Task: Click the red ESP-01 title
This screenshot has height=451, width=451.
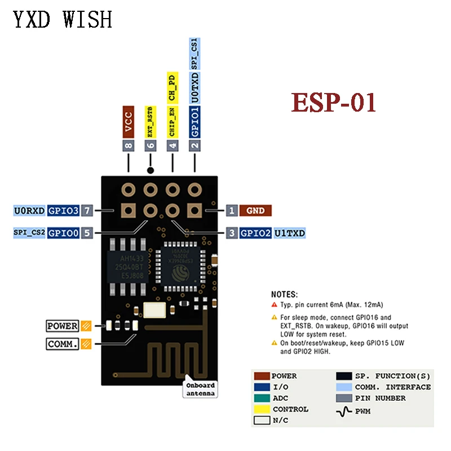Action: coord(333,103)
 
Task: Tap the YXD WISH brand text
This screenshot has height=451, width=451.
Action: coord(63,19)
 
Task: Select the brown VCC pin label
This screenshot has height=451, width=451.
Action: coord(129,121)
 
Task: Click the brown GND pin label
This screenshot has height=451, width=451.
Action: coord(255,211)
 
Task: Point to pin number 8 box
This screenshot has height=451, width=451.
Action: coord(129,145)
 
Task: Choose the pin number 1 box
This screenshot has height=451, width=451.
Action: coord(232,211)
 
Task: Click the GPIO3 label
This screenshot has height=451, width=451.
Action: coord(63,211)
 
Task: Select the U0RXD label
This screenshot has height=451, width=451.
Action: coord(29,211)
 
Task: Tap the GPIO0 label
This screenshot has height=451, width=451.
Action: coord(63,232)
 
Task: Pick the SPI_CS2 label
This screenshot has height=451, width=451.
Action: coord(29,232)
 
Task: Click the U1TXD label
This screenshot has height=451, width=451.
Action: coord(290,232)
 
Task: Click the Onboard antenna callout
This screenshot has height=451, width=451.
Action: coord(200,390)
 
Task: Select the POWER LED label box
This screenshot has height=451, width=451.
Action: coord(63,325)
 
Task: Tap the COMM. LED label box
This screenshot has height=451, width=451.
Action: coord(63,343)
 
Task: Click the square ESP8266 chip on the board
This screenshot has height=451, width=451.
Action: coord(181,265)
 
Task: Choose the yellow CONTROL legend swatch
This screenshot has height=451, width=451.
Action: coord(262,409)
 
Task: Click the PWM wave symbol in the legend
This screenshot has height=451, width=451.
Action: coord(344,411)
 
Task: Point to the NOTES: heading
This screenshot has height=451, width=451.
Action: coord(285,294)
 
